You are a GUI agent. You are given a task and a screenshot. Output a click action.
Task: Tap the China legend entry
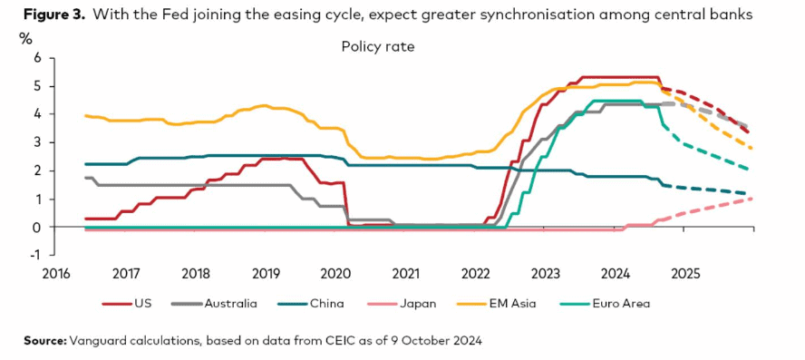[x=311, y=304]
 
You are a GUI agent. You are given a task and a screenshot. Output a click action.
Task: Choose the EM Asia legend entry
[x=496, y=304]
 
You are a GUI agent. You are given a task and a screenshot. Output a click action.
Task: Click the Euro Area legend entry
[x=603, y=304]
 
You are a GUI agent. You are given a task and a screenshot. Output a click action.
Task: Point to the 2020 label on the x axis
[x=334, y=273]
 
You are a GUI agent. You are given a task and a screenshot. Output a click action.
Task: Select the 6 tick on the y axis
[x=37, y=59]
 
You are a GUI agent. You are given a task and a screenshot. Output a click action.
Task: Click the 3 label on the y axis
[x=37, y=142]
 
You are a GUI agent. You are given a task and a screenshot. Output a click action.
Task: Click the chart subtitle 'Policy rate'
[x=377, y=47]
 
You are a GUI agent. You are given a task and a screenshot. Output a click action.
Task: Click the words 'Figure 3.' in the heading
[x=54, y=15]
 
